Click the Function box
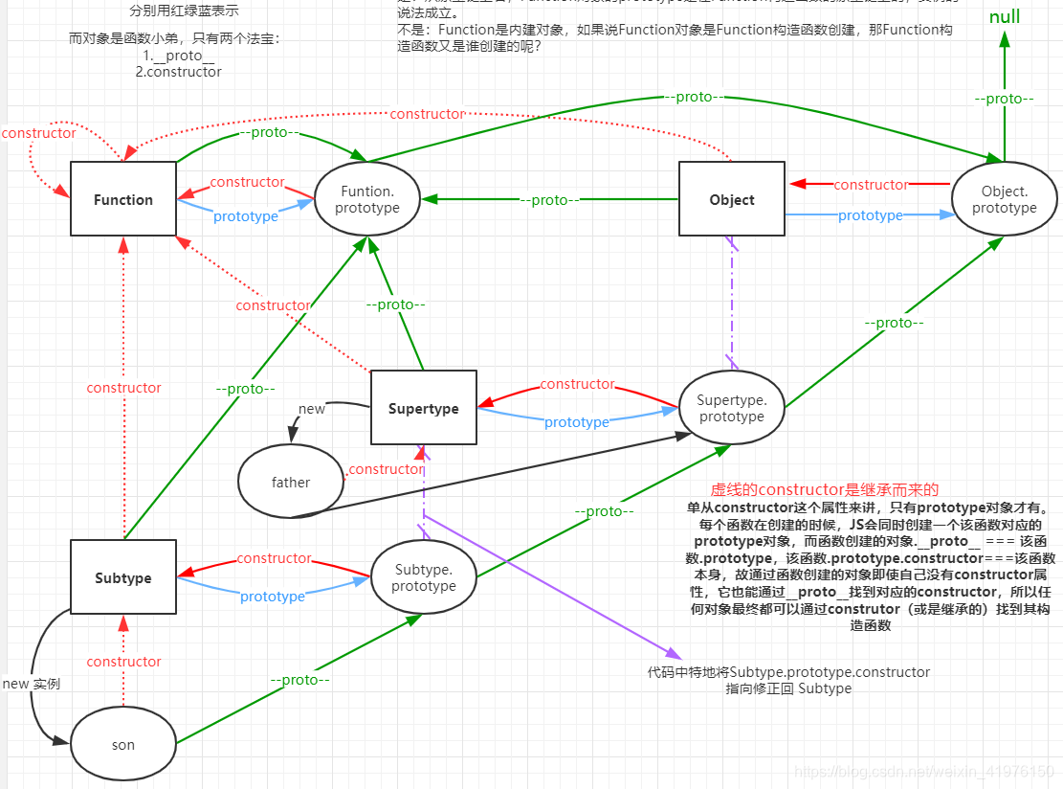click(123, 199)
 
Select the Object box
click(732, 199)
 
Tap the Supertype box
click(423, 408)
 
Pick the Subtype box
click(123, 577)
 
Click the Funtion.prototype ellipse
click(368, 199)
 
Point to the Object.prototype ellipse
click(1004, 199)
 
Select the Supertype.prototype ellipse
click(731, 408)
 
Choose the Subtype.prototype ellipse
click(423, 577)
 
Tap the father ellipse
click(290, 482)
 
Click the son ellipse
click(123, 744)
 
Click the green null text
click(1005, 17)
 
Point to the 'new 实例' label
click(31, 684)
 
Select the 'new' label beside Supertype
click(312, 409)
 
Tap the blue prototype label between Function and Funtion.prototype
click(246, 216)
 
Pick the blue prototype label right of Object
click(870, 215)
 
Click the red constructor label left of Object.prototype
click(871, 184)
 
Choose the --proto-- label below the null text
click(1004, 99)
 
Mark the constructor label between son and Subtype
click(123, 662)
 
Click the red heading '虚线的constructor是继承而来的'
click(824, 489)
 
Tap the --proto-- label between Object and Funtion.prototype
click(549, 200)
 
